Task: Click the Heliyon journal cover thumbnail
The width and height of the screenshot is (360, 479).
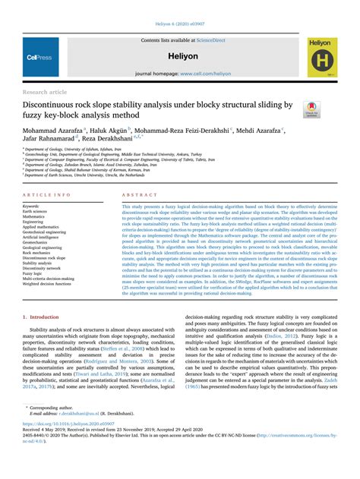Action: click(x=322, y=57)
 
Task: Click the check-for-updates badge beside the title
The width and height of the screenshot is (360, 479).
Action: click(x=311, y=109)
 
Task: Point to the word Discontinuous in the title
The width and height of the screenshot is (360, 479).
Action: click(x=56, y=104)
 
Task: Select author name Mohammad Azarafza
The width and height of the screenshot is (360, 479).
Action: click(x=55, y=131)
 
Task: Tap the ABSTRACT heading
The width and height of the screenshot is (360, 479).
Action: click(x=136, y=195)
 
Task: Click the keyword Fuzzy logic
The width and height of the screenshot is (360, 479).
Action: click(x=35, y=273)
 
